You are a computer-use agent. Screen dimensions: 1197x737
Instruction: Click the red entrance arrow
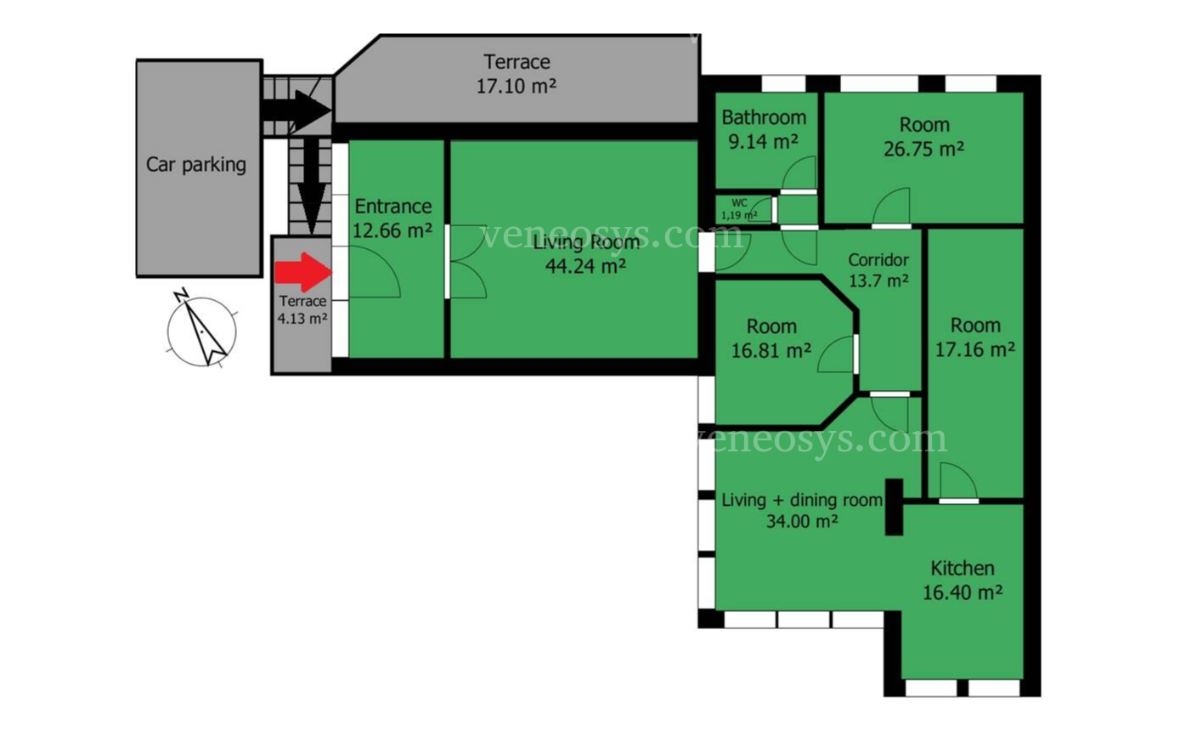[x=303, y=272]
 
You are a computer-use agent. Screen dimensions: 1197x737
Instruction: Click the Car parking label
[x=196, y=165]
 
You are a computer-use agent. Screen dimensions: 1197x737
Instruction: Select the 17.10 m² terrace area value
[x=517, y=86]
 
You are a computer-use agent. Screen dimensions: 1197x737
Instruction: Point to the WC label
[x=739, y=202]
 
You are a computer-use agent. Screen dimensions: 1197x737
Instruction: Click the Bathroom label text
[x=764, y=117]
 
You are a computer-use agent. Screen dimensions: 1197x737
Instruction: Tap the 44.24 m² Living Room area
[x=585, y=266]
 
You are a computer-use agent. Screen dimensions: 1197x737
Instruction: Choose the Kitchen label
[x=963, y=568]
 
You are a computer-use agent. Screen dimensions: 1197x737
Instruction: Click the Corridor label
[x=878, y=260]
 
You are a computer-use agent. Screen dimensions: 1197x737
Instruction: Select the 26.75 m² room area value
[x=924, y=149]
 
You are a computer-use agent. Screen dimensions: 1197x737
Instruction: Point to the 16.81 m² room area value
[x=771, y=351]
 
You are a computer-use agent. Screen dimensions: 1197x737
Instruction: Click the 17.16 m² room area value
[x=975, y=349]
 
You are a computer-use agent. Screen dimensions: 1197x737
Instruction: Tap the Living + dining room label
[x=802, y=500]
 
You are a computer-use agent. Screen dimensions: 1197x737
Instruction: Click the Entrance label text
[x=393, y=207]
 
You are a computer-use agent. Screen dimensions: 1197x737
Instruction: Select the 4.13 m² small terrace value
[x=302, y=318]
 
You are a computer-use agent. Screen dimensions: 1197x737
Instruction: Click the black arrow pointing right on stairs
[x=296, y=111]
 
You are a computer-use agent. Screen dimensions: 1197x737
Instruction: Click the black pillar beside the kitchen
[x=894, y=507]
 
